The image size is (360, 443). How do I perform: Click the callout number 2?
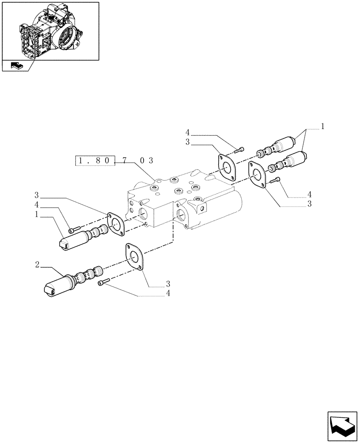tap(38, 265)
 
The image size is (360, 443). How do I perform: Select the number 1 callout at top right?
tap(323, 126)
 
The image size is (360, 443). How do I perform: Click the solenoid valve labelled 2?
tap(71, 281)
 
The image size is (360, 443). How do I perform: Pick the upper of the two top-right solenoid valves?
tap(279, 146)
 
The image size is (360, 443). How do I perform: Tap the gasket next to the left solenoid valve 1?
tap(116, 224)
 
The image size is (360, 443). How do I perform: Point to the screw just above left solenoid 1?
tap(74, 229)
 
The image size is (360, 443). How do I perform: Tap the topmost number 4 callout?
tap(188, 132)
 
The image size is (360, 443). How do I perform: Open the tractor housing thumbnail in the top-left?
tap(50, 31)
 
